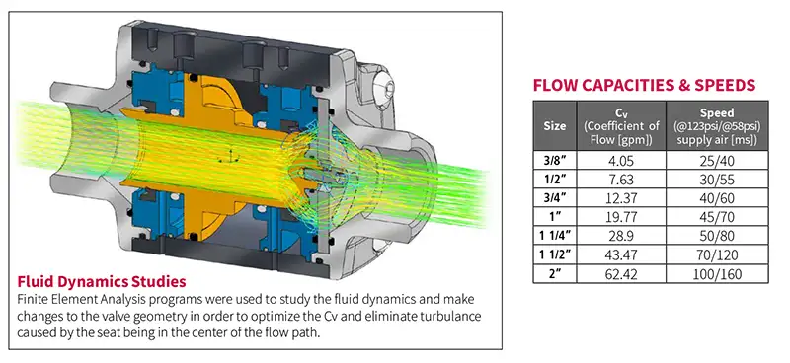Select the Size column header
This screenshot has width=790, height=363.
click(x=555, y=126)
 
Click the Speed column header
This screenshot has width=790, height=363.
click(x=714, y=126)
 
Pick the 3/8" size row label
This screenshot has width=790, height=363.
click(x=555, y=157)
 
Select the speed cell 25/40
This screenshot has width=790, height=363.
click(x=714, y=157)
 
